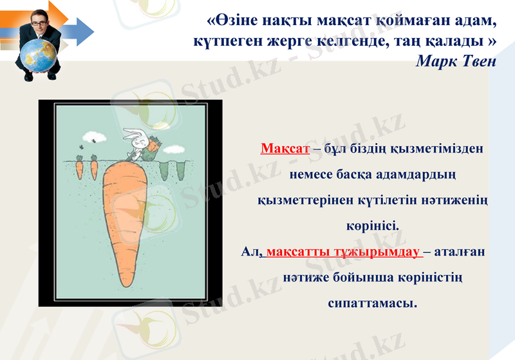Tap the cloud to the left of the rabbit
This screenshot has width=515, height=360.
pyautogui.click(x=90, y=137)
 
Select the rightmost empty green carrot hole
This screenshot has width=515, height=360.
pyautogui.click(x=180, y=170)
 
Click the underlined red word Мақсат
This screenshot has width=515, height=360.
pyautogui.click(x=285, y=149)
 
